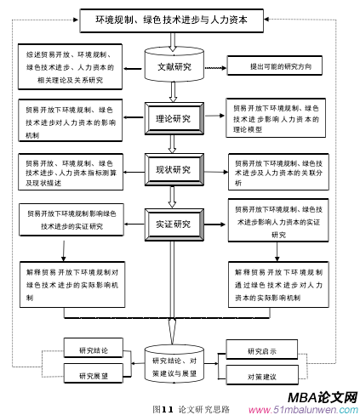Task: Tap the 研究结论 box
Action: coord(94,350)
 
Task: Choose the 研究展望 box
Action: coord(94,374)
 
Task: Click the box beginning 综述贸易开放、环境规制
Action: coord(68,66)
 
